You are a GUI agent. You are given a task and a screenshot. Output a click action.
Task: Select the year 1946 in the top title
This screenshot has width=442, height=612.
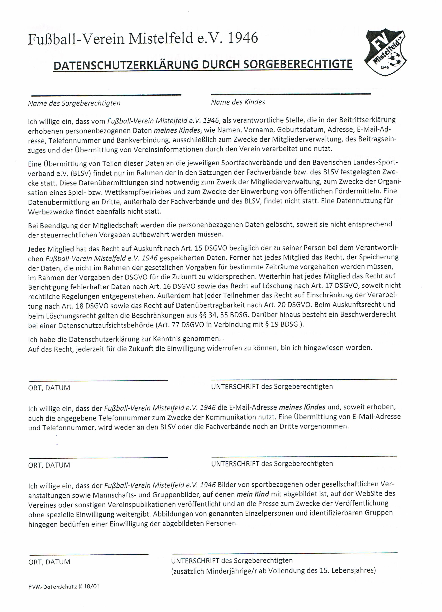(243, 38)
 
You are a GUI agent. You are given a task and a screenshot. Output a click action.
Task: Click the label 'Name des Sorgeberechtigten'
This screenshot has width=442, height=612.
(74, 103)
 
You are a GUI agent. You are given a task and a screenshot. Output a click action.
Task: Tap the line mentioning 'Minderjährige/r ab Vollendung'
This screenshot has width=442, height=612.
(273, 570)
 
